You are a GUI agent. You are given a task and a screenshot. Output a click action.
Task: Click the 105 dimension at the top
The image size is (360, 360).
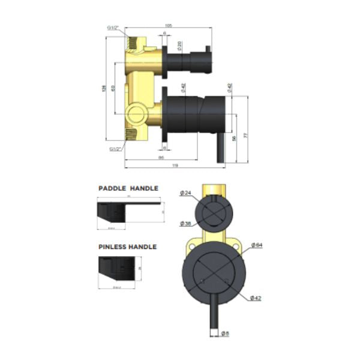click(169, 25)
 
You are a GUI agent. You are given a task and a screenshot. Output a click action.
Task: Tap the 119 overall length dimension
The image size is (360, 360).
click(174, 165)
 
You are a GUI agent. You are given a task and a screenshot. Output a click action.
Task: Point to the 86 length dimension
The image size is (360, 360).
click(161, 157)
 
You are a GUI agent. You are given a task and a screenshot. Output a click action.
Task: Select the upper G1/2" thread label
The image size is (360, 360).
click(114, 28)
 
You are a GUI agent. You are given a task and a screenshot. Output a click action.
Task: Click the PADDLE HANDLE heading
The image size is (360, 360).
click(128, 188)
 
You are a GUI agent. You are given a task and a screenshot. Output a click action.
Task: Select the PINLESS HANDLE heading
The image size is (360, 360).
click(127, 247)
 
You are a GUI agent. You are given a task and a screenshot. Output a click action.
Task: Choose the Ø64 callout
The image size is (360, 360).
click(256, 244)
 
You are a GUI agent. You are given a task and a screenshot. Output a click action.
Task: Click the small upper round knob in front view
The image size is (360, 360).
click(213, 212)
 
